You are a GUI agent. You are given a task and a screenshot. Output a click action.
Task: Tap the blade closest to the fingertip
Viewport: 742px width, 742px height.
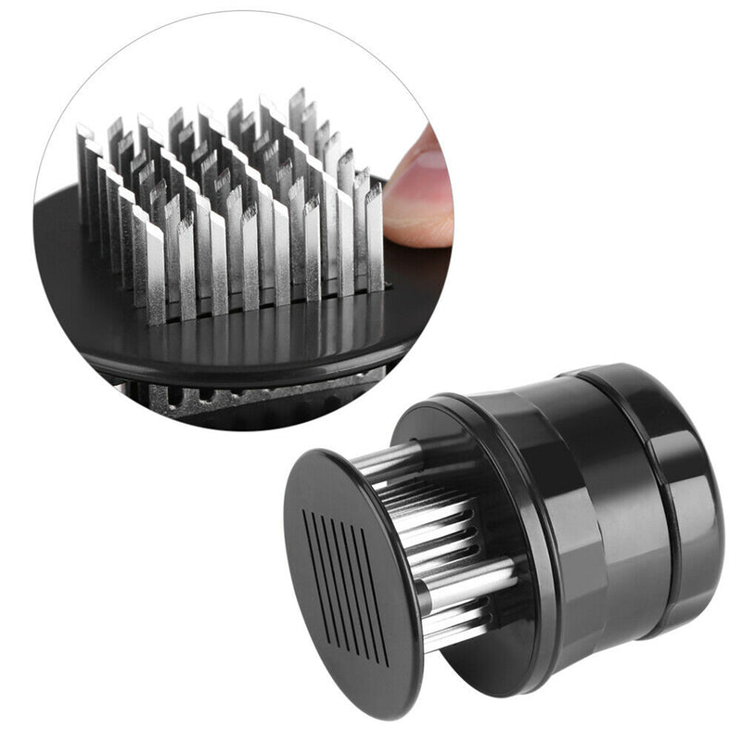click(x=374, y=232)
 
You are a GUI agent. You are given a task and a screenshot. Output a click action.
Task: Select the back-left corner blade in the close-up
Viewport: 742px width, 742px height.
click(x=85, y=167)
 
